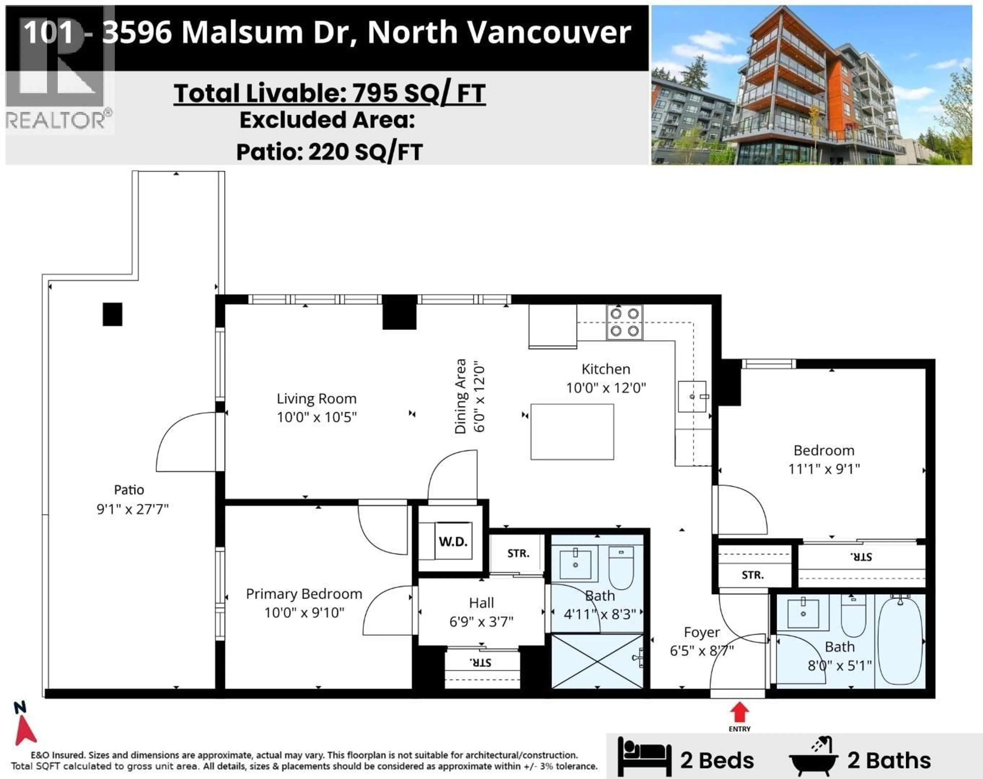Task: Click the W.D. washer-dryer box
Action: coord(453,541)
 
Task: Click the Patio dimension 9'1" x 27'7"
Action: coord(132,509)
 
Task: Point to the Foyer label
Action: coord(702,632)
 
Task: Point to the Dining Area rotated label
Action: coord(461,396)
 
